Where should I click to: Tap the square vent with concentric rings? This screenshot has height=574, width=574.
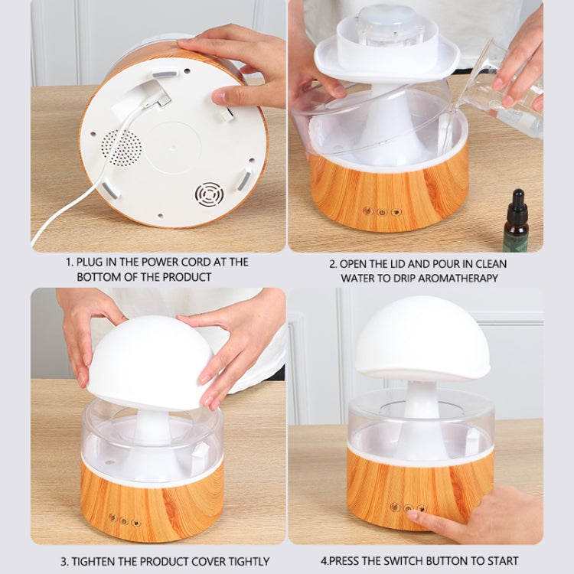tap(209, 194)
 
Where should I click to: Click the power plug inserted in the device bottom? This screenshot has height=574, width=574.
tap(157, 96)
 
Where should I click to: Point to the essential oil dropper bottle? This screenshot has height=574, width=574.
tap(517, 227)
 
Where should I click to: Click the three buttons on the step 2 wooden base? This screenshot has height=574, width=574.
tap(381, 211)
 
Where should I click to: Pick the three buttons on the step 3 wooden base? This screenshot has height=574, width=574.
tap(123, 520)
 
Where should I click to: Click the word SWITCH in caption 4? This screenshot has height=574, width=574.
tap(424, 560)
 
